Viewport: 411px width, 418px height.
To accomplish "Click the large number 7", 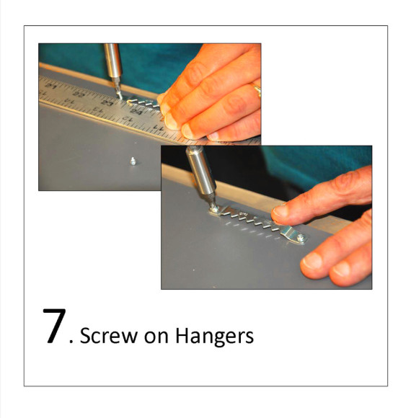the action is (54, 326).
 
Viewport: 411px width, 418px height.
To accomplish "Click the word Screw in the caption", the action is (109, 335).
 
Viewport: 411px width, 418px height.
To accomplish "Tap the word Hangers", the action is (214, 337).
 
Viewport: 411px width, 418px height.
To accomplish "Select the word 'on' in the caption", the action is (156, 337).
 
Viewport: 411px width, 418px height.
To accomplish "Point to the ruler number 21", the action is (51, 86).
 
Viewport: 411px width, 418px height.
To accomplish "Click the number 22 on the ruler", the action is (79, 94).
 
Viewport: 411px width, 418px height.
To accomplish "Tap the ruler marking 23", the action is (107, 103).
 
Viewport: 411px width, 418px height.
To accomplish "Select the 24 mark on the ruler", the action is (136, 112).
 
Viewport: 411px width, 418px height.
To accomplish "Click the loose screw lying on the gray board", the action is (133, 161).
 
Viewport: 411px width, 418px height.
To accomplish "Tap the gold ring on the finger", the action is (257, 89).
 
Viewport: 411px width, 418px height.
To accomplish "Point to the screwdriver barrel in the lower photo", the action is (201, 171).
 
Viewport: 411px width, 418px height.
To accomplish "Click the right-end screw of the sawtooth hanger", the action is (301, 238).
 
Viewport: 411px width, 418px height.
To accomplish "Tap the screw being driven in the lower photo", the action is (215, 209).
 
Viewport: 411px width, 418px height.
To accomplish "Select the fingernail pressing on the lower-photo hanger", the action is (280, 211).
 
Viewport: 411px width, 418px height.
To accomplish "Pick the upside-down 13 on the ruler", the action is (98, 110).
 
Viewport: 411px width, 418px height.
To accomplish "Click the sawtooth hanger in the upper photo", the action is (143, 103).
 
